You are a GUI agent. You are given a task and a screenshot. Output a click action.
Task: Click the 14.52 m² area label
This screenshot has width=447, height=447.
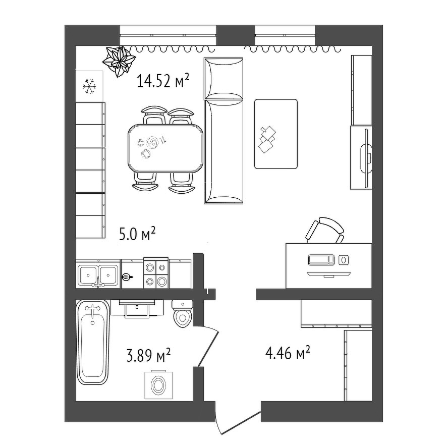pyautogui.click(x=163, y=80)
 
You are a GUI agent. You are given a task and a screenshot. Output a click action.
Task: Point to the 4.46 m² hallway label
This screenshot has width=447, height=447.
pyautogui.click(x=288, y=353)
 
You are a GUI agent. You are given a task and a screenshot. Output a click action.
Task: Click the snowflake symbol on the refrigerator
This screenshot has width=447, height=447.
pyautogui.click(x=89, y=86)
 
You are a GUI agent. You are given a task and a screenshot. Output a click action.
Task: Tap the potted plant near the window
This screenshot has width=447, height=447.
pyautogui.click(x=119, y=61)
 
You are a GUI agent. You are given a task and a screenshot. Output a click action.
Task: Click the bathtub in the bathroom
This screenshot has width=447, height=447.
pyautogui.click(x=93, y=342)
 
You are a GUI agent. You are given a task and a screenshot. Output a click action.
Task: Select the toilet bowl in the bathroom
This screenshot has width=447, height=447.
pyautogui.click(x=183, y=314)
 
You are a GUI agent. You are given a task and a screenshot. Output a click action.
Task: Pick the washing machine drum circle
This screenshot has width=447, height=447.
pyautogui.click(x=158, y=385)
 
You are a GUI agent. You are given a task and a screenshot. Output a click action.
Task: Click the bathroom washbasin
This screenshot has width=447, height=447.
pyautogui.click(x=137, y=308)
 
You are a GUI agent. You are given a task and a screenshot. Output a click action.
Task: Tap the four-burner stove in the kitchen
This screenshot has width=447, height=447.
pyautogui.click(x=156, y=273)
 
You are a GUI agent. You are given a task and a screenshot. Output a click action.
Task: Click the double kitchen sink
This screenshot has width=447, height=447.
pyautogui.click(x=98, y=275)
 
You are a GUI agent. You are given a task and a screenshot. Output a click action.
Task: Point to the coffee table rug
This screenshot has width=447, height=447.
pyautogui.click(x=275, y=134)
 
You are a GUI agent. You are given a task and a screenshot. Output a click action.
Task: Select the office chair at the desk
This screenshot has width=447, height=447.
pyautogui.click(x=325, y=230)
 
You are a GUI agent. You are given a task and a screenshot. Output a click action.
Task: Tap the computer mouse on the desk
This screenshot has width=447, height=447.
pyautogui.click(x=344, y=260)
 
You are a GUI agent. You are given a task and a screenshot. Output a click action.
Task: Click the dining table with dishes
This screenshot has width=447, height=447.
pyautogui.click(x=165, y=148)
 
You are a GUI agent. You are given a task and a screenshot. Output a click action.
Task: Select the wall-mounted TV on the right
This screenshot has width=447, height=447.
pyautogui.click(x=366, y=158)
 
